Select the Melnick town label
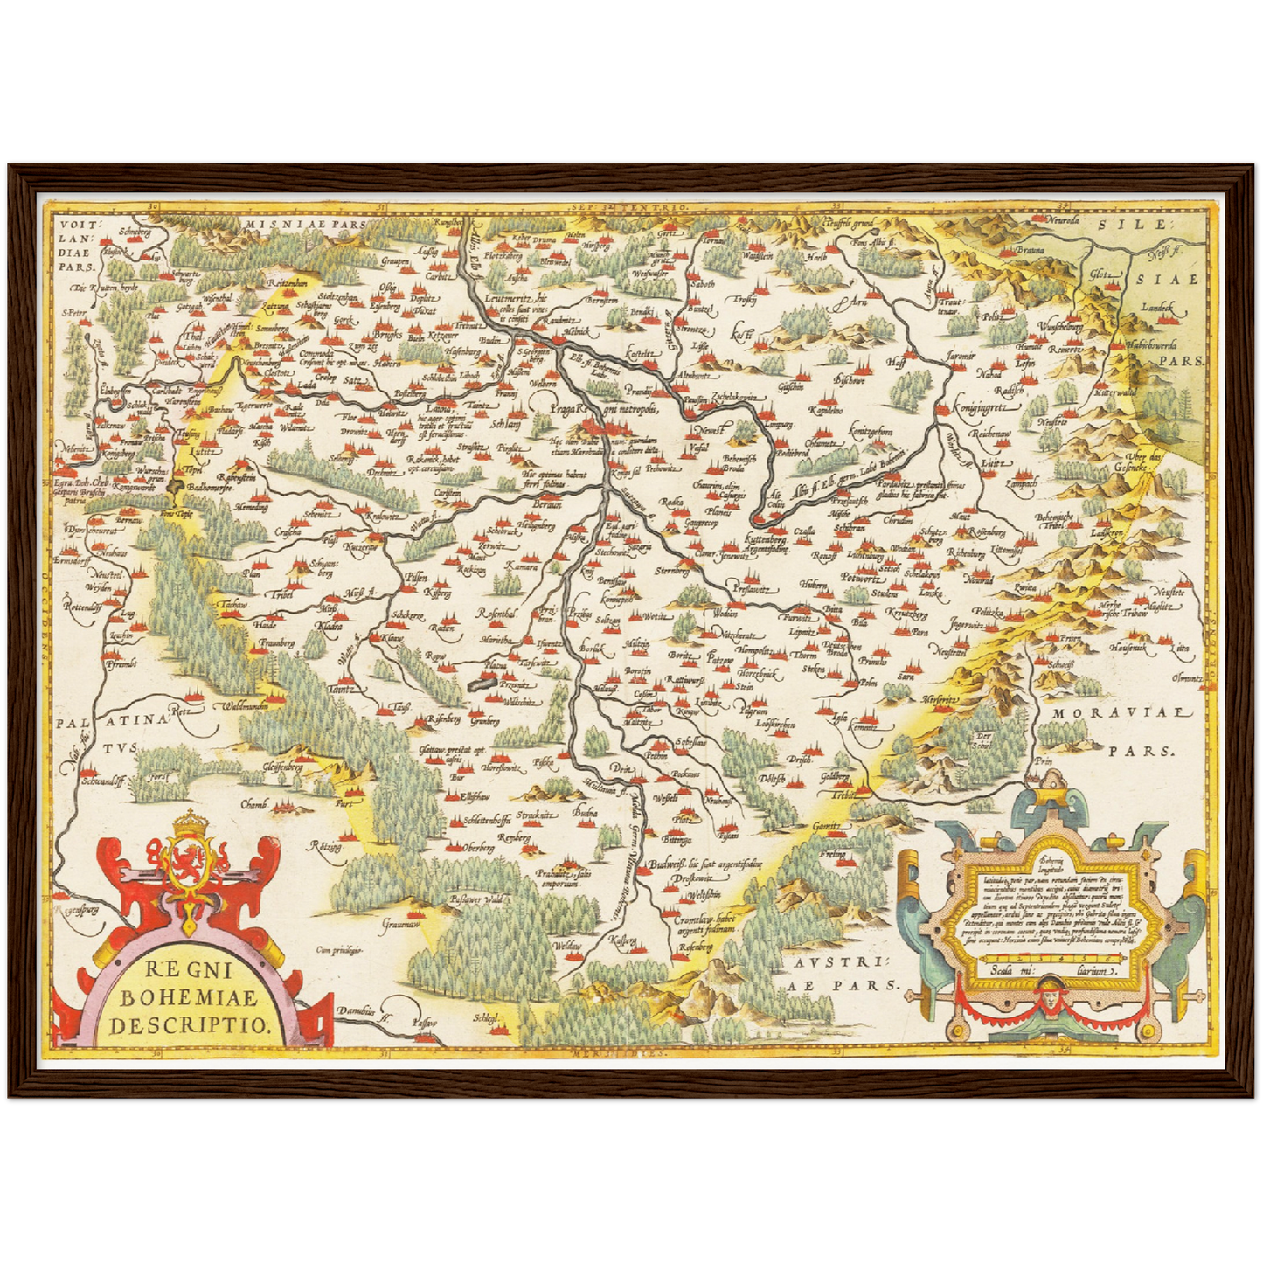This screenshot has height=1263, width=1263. [x=577, y=333]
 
